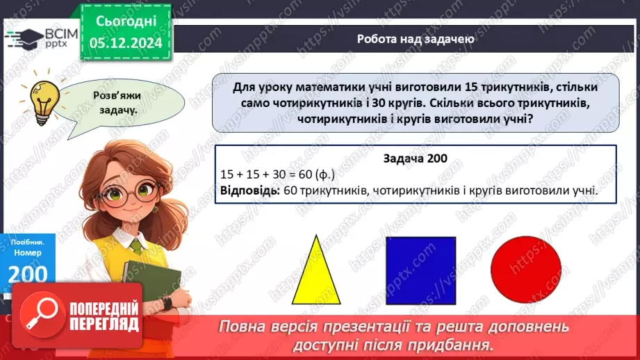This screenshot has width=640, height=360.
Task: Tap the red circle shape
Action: click(x=525, y=270)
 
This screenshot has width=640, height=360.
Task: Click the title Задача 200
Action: click(x=415, y=158)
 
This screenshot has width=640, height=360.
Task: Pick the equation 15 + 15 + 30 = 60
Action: click(x=276, y=174)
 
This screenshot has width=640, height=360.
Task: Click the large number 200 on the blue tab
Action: click(x=28, y=273)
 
